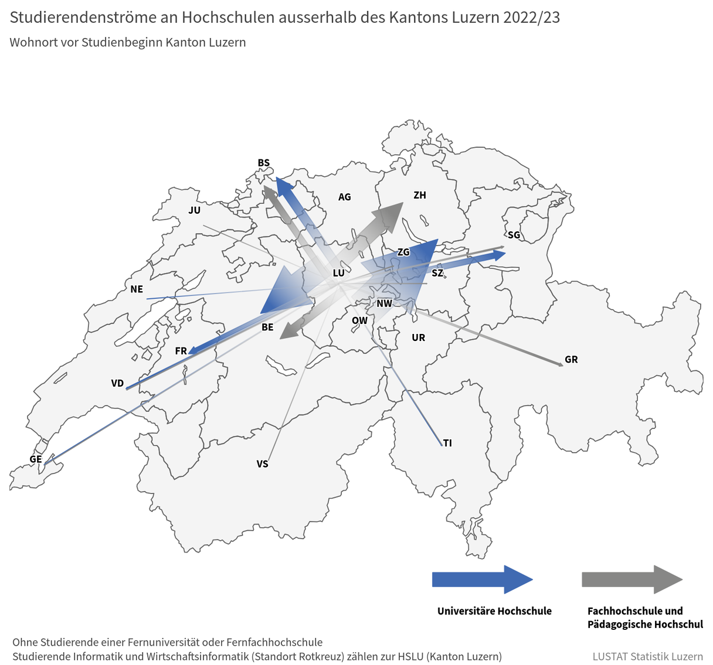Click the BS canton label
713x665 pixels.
tap(264, 163)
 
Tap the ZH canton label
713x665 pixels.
tap(420, 195)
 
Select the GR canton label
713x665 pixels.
tap(571, 360)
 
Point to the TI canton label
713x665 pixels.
tap(447, 443)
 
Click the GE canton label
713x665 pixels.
tap(36, 459)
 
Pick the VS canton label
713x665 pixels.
tap(262, 464)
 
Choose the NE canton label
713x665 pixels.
tap(137, 289)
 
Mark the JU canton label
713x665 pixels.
tap(195, 210)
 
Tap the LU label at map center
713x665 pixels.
tap(339, 273)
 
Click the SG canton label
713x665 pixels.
tap(514, 235)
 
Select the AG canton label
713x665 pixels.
tap(345, 197)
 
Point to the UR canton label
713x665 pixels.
tap(419, 337)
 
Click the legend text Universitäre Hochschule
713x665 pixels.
tap(494, 611)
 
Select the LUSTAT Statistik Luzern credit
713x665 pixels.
tap(647, 656)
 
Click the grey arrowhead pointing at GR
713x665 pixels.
tap(557, 363)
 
